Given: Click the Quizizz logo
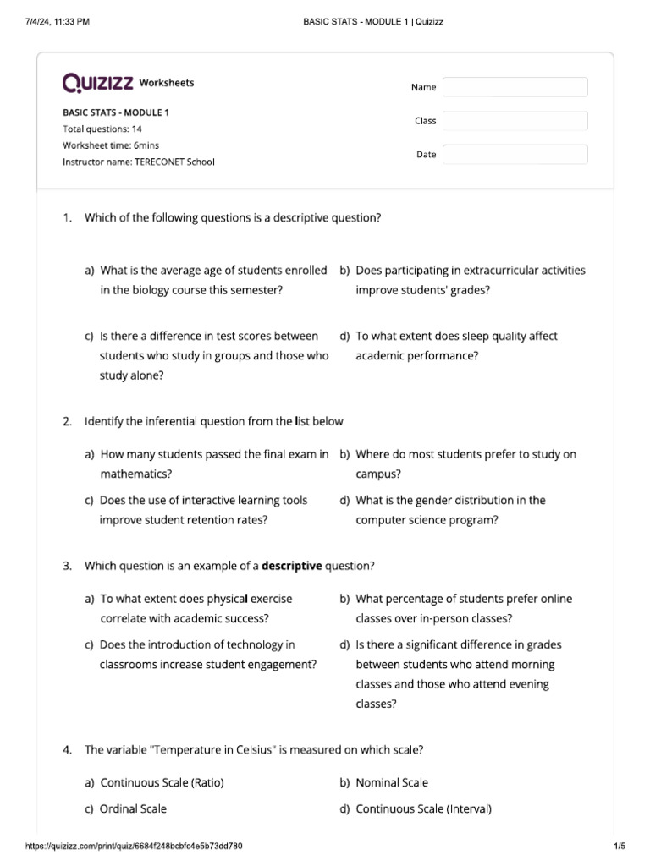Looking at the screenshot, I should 97,83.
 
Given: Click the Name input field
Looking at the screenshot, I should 515,87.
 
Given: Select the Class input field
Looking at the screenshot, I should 515,121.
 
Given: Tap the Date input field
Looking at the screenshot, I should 515,155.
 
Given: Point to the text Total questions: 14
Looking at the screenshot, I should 102,129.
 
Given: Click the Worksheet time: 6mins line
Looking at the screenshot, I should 112,145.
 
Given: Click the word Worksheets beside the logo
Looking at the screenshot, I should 166,83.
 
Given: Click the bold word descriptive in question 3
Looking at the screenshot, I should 292,566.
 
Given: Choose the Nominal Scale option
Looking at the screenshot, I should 391,782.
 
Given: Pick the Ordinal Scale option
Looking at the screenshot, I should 133,808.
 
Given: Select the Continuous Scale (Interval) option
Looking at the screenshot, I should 423,808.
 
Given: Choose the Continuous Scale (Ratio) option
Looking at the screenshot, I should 162,782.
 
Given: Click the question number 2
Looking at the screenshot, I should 67,421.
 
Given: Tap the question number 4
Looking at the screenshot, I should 67,749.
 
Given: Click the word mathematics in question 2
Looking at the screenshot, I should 135,474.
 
